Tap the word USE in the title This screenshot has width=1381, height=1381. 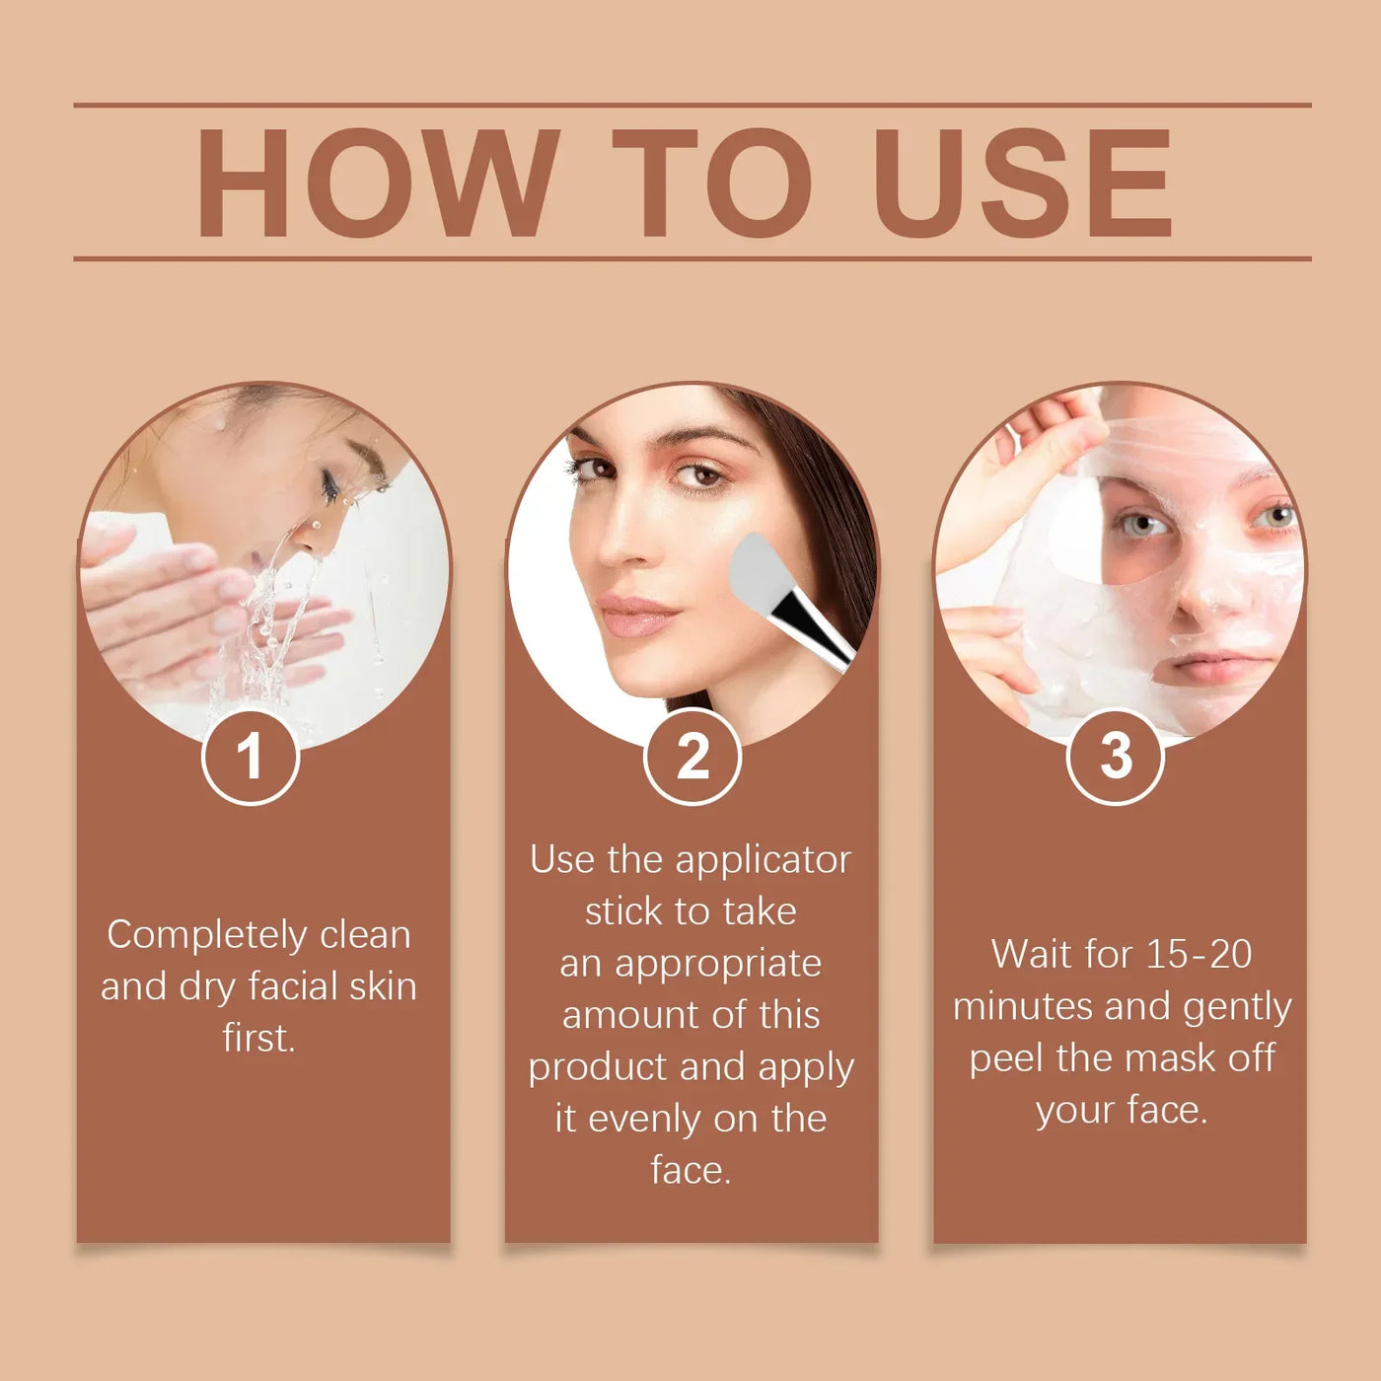pos(1023,183)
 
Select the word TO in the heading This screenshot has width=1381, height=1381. pos(712,183)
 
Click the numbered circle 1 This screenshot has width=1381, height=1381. pos(251,757)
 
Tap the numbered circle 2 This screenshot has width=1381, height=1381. pos(692,757)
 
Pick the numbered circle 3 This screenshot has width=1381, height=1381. pos(1116,757)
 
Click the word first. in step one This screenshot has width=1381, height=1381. pos(258,1038)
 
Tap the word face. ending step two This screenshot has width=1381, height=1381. pos(690,1170)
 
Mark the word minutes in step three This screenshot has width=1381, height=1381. pos(1023,1006)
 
